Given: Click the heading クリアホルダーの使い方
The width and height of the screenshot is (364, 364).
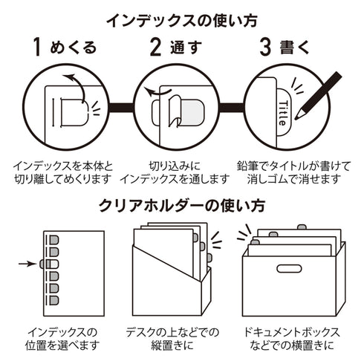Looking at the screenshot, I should pos(181,206).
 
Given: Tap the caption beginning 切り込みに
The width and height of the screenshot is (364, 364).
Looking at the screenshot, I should pos(181,172).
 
